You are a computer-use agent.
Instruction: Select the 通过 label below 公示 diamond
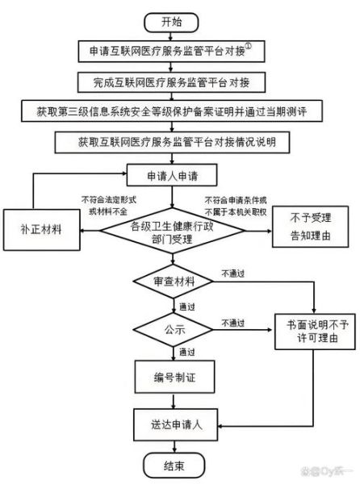187,353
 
